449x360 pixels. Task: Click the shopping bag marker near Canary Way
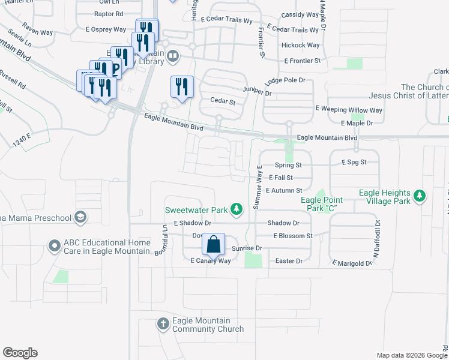(x=213, y=245)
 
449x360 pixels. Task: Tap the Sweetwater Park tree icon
(x=238, y=209)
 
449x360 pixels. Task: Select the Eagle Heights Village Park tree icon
(x=420, y=196)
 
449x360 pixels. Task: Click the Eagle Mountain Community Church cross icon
(x=163, y=325)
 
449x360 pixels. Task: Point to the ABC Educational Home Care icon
(x=55, y=245)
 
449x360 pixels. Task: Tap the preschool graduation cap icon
(x=80, y=217)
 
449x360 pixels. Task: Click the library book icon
(x=173, y=56)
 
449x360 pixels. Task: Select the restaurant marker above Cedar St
(x=181, y=86)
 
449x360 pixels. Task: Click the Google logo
(x=20, y=353)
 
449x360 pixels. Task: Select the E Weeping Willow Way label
(x=349, y=110)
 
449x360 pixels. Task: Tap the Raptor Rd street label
(x=109, y=14)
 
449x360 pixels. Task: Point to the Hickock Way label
(x=300, y=45)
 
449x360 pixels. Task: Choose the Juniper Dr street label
(x=257, y=92)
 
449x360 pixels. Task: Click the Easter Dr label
(x=289, y=261)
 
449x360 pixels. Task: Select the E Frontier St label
(x=303, y=61)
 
